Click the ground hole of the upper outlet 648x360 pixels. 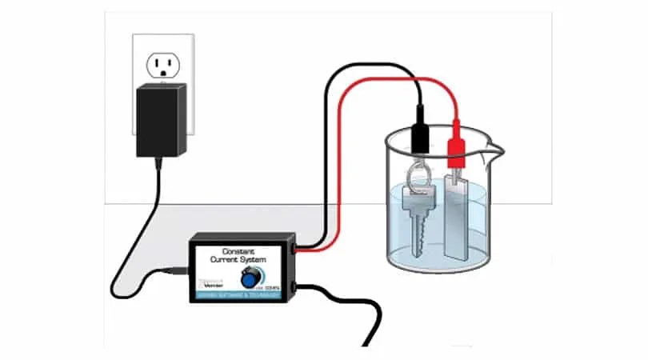tap(163, 73)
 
